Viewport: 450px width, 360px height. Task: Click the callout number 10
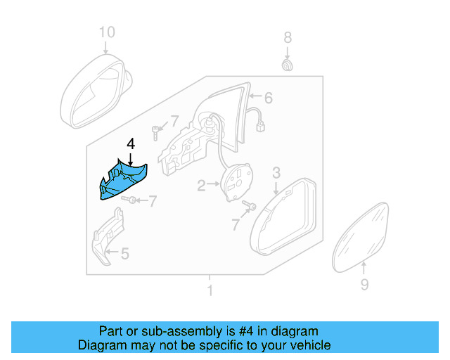click(x=105, y=32)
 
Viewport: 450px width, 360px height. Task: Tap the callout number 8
click(x=287, y=37)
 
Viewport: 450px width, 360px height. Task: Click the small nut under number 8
click(x=287, y=65)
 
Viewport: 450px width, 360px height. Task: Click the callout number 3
click(x=276, y=172)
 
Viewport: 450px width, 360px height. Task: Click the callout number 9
click(x=364, y=284)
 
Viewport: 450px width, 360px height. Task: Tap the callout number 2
click(x=201, y=186)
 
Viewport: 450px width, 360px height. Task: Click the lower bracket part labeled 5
click(x=107, y=238)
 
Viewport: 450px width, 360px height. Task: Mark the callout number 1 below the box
click(x=209, y=290)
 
